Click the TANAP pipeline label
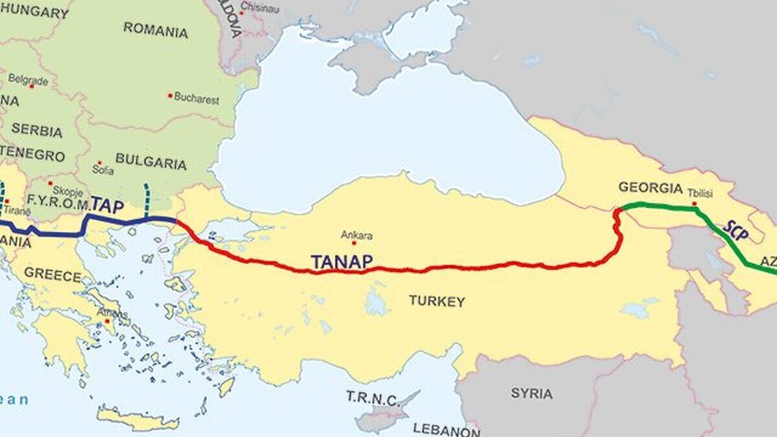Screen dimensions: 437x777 coord(342,262)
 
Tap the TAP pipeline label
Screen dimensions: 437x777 coord(107,205)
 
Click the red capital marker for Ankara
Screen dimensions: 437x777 coord(354,243)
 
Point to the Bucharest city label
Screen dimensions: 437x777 coord(197,100)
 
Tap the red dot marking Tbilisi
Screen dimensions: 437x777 coord(695,204)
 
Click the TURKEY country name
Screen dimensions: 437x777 coord(436,301)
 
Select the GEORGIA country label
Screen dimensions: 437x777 coord(650,188)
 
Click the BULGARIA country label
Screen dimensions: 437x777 coord(151,161)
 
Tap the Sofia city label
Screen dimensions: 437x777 coord(103,171)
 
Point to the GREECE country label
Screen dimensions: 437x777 coord(52,274)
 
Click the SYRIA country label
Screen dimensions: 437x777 coord(532,393)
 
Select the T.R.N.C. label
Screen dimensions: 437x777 coord(372,398)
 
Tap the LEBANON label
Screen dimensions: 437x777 coord(446,429)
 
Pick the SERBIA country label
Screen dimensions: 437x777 coord(37,129)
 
